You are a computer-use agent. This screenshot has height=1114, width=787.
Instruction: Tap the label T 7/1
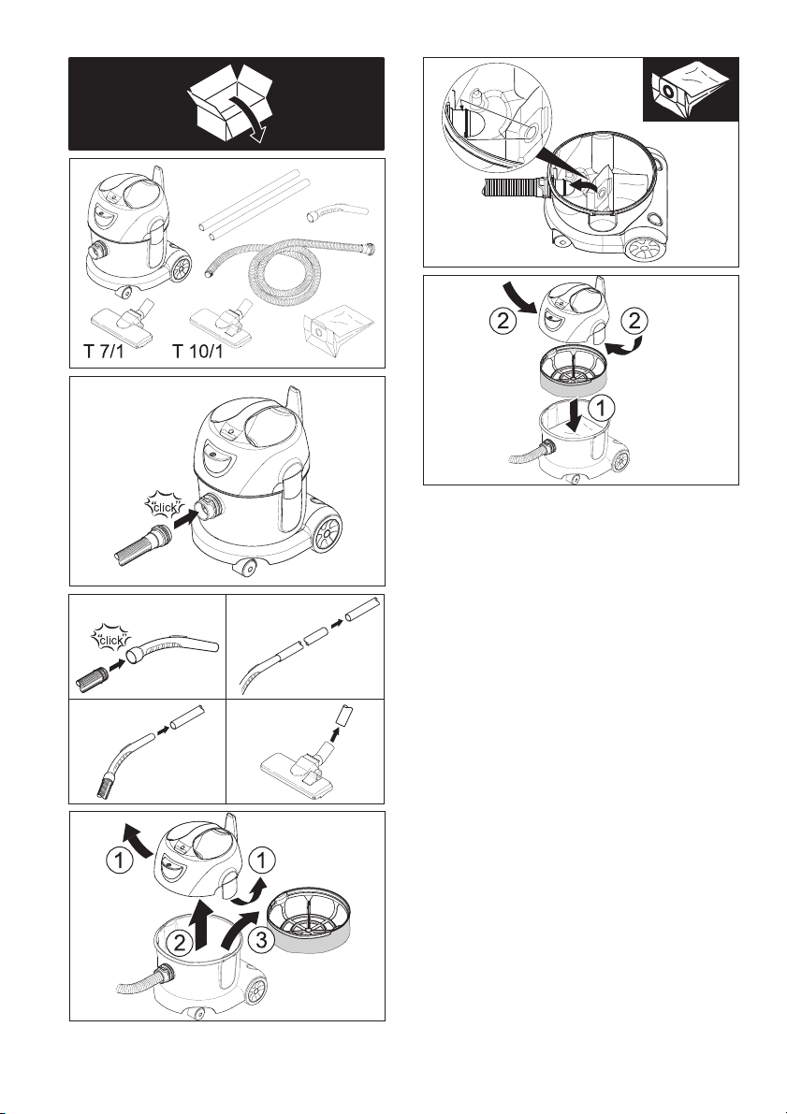click(x=104, y=351)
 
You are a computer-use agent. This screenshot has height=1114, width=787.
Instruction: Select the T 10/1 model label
click(x=197, y=351)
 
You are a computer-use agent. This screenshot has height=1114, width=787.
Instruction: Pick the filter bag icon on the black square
click(x=691, y=90)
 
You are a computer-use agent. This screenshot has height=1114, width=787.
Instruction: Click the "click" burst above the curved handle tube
click(x=112, y=639)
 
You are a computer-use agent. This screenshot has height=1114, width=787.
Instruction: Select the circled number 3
click(x=262, y=941)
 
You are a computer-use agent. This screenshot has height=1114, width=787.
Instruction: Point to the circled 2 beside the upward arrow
click(x=181, y=943)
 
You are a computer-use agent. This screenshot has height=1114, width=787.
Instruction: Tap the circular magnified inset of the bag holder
click(x=497, y=118)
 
